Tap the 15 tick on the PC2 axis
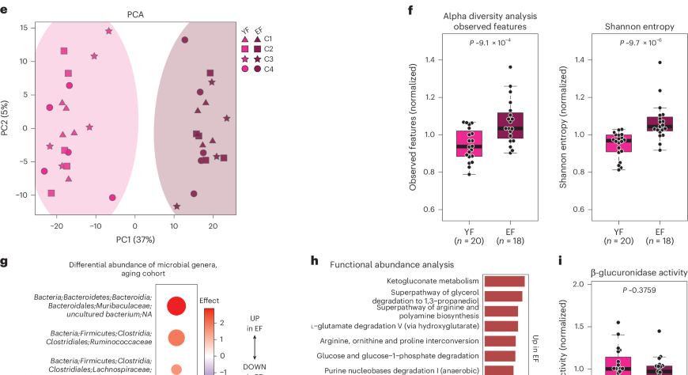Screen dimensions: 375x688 point(25,27)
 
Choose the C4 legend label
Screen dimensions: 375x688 point(268,69)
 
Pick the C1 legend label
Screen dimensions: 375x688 point(268,38)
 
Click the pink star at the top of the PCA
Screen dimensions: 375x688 point(109,31)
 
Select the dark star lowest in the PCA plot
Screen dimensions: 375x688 point(176,206)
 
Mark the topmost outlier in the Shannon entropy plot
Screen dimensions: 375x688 point(659,62)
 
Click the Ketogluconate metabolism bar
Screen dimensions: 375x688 point(504,281)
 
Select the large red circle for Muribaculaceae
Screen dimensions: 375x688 point(177,305)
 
